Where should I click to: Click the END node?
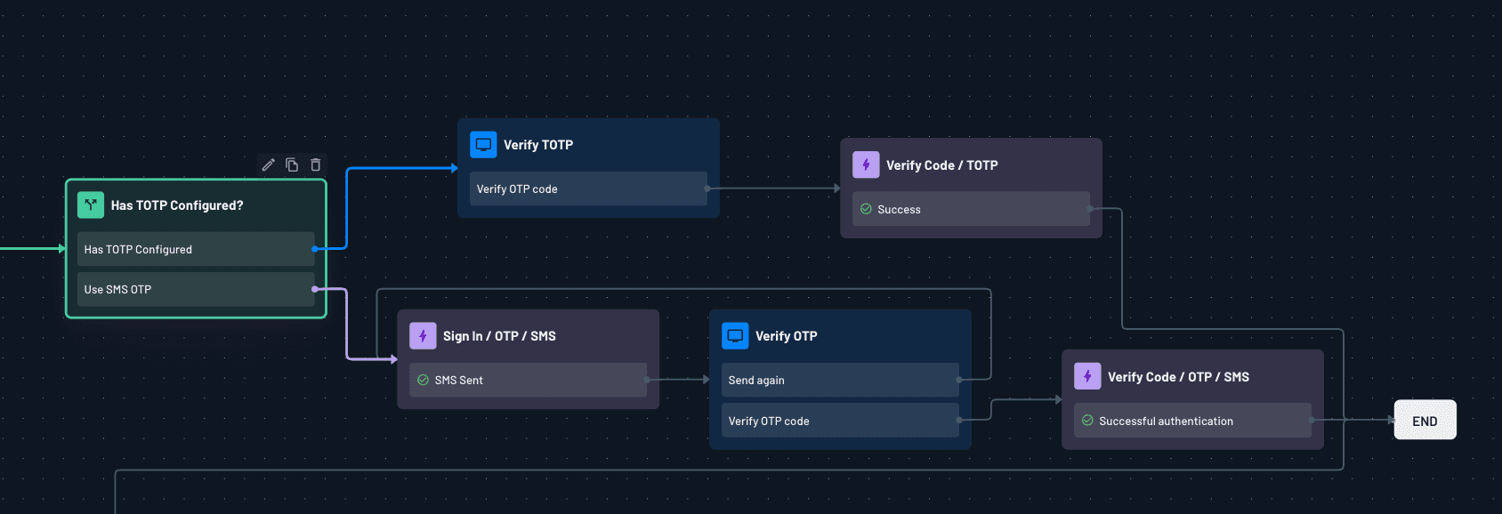[1425, 421]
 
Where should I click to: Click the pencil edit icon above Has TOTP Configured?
[268, 165]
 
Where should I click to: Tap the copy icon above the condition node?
[292, 165]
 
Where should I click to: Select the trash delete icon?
[315, 165]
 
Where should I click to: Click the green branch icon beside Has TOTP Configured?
[91, 205]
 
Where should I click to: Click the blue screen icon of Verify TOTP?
[483, 144]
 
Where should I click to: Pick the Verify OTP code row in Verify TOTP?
[588, 189]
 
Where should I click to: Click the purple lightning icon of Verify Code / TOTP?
[866, 165]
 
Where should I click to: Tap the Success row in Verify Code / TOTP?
[971, 209]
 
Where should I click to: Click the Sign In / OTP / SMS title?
[499, 336]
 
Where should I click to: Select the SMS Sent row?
[528, 380]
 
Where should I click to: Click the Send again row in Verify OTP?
[840, 380]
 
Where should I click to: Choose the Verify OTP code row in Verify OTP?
[840, 421]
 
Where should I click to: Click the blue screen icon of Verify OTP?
[735, 335]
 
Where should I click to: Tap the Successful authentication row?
[1192, 421]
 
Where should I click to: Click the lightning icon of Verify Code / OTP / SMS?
[1087, 376]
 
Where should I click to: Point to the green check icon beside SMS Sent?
[423, 380]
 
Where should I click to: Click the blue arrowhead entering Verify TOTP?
[454, 167]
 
